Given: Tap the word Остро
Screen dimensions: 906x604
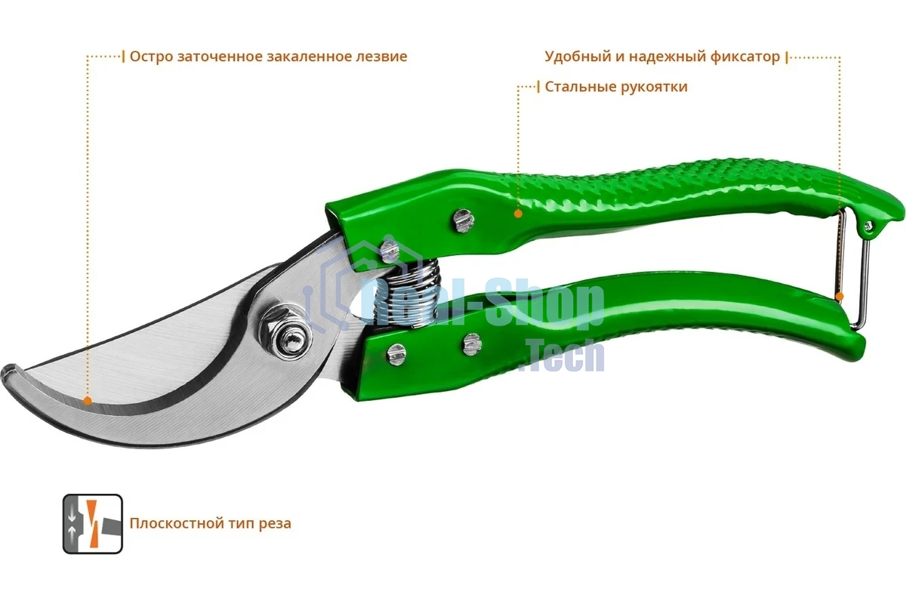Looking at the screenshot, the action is pyautogui.click(x=152, y=57).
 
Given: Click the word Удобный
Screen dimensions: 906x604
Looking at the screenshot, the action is pyautogui.click(x=578, y=56).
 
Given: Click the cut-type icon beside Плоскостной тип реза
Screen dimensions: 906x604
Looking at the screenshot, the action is pyautogui.click(x=93, y=523).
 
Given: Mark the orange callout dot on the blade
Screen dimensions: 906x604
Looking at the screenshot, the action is pyautogui.click(x=88, y=401).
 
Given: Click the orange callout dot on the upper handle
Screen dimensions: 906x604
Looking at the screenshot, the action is pyautogui.click(x=518, y=214).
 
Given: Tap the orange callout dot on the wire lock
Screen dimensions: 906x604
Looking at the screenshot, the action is pyautogui.click(x=840, y=297).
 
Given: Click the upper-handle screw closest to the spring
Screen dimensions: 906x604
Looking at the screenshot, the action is pyautogui.click(x=390, y=251).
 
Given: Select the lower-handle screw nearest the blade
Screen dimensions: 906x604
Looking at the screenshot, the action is pyautogui.click(x=396, y=354).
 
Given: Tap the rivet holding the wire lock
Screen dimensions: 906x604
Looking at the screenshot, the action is pyautogui.click(x=869, y=226).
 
